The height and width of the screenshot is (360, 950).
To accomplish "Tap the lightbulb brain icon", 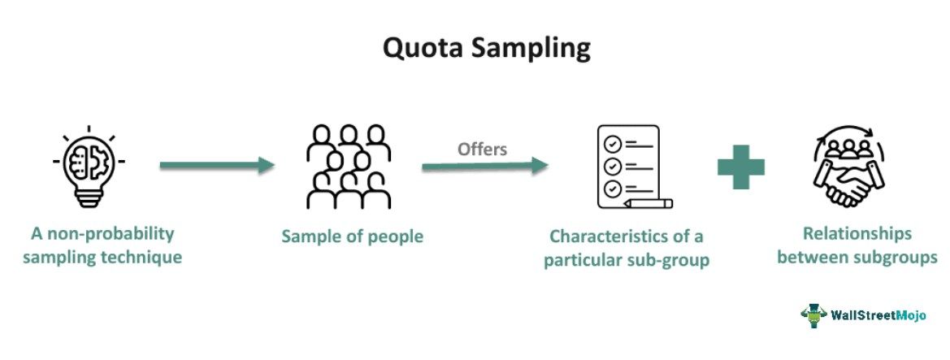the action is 89,167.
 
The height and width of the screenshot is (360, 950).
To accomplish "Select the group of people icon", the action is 349,167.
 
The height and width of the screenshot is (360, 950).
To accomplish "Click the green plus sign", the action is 741,167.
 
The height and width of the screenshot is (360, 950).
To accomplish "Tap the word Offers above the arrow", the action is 482,149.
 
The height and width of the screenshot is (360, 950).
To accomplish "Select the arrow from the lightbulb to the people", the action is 217,165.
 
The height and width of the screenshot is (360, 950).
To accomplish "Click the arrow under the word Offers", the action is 485,166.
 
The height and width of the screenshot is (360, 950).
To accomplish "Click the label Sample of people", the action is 352,236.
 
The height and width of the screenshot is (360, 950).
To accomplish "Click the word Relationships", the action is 857,233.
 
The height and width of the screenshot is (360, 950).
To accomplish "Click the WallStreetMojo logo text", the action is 878,315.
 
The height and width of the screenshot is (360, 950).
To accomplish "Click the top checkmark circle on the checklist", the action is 613,144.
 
